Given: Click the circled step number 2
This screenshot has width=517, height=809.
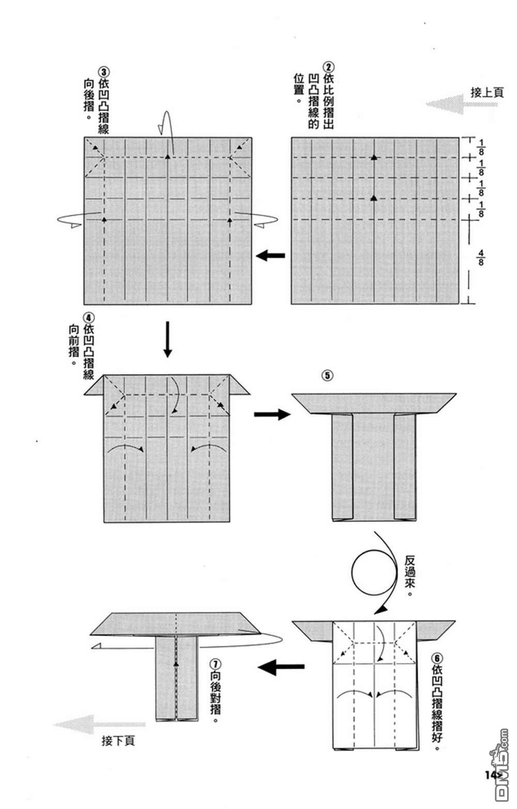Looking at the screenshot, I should pos(328,68).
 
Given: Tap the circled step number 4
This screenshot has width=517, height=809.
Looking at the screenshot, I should pos(88,316).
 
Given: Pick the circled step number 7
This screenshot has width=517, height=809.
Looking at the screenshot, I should pos(216,662).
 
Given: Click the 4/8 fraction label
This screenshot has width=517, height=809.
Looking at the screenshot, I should pos(481,257).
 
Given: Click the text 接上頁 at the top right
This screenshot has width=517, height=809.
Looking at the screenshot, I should pos(486,92).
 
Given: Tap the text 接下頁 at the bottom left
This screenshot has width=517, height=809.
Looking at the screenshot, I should pos(118,741).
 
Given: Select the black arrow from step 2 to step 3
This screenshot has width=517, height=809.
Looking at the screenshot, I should pos(271,255).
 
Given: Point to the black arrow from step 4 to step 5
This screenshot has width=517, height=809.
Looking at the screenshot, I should pos(271,414).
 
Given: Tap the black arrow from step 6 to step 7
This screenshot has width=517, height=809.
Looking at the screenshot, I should pos(280,667).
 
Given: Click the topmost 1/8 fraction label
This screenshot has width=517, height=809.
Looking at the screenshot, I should pos(481,146).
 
